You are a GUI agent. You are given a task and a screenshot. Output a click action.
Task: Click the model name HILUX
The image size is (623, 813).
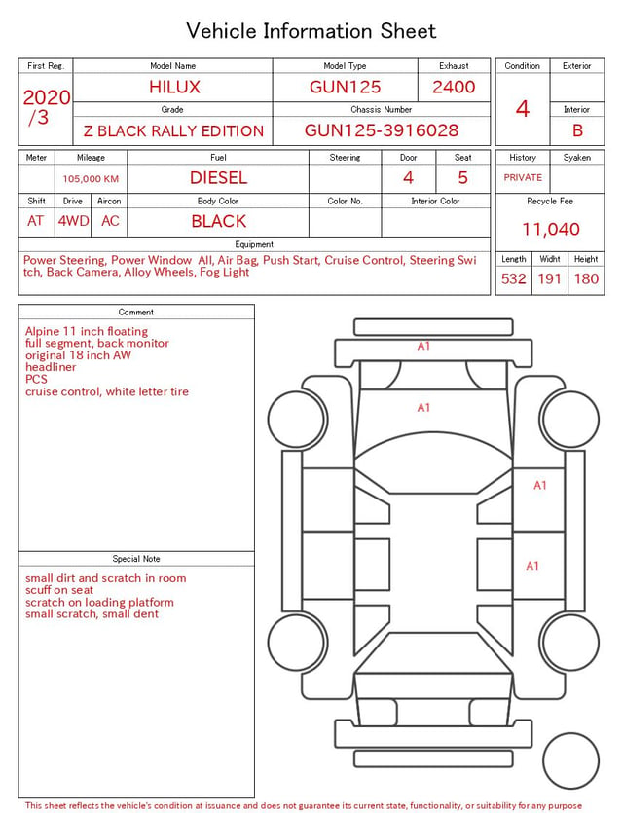click(174, 87)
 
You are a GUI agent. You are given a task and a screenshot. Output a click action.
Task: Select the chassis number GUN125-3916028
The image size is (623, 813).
click(382, 130)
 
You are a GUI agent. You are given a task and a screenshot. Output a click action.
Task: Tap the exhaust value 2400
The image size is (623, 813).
click(454, 87)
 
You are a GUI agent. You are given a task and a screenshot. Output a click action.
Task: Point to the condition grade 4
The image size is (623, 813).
click(523, 109)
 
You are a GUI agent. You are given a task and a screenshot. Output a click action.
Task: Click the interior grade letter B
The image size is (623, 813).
click(577, 130)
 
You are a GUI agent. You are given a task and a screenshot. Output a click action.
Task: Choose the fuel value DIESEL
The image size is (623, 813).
click(219, 178)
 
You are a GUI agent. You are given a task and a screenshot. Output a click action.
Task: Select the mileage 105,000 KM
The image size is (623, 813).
click(91, 179)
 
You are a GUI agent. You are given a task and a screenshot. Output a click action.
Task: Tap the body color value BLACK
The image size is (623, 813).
click(219, 221)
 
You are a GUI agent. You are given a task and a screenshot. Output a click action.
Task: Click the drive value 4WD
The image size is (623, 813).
click(73, 221)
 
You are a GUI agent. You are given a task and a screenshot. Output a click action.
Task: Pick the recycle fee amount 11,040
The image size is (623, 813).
click(550, 229)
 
